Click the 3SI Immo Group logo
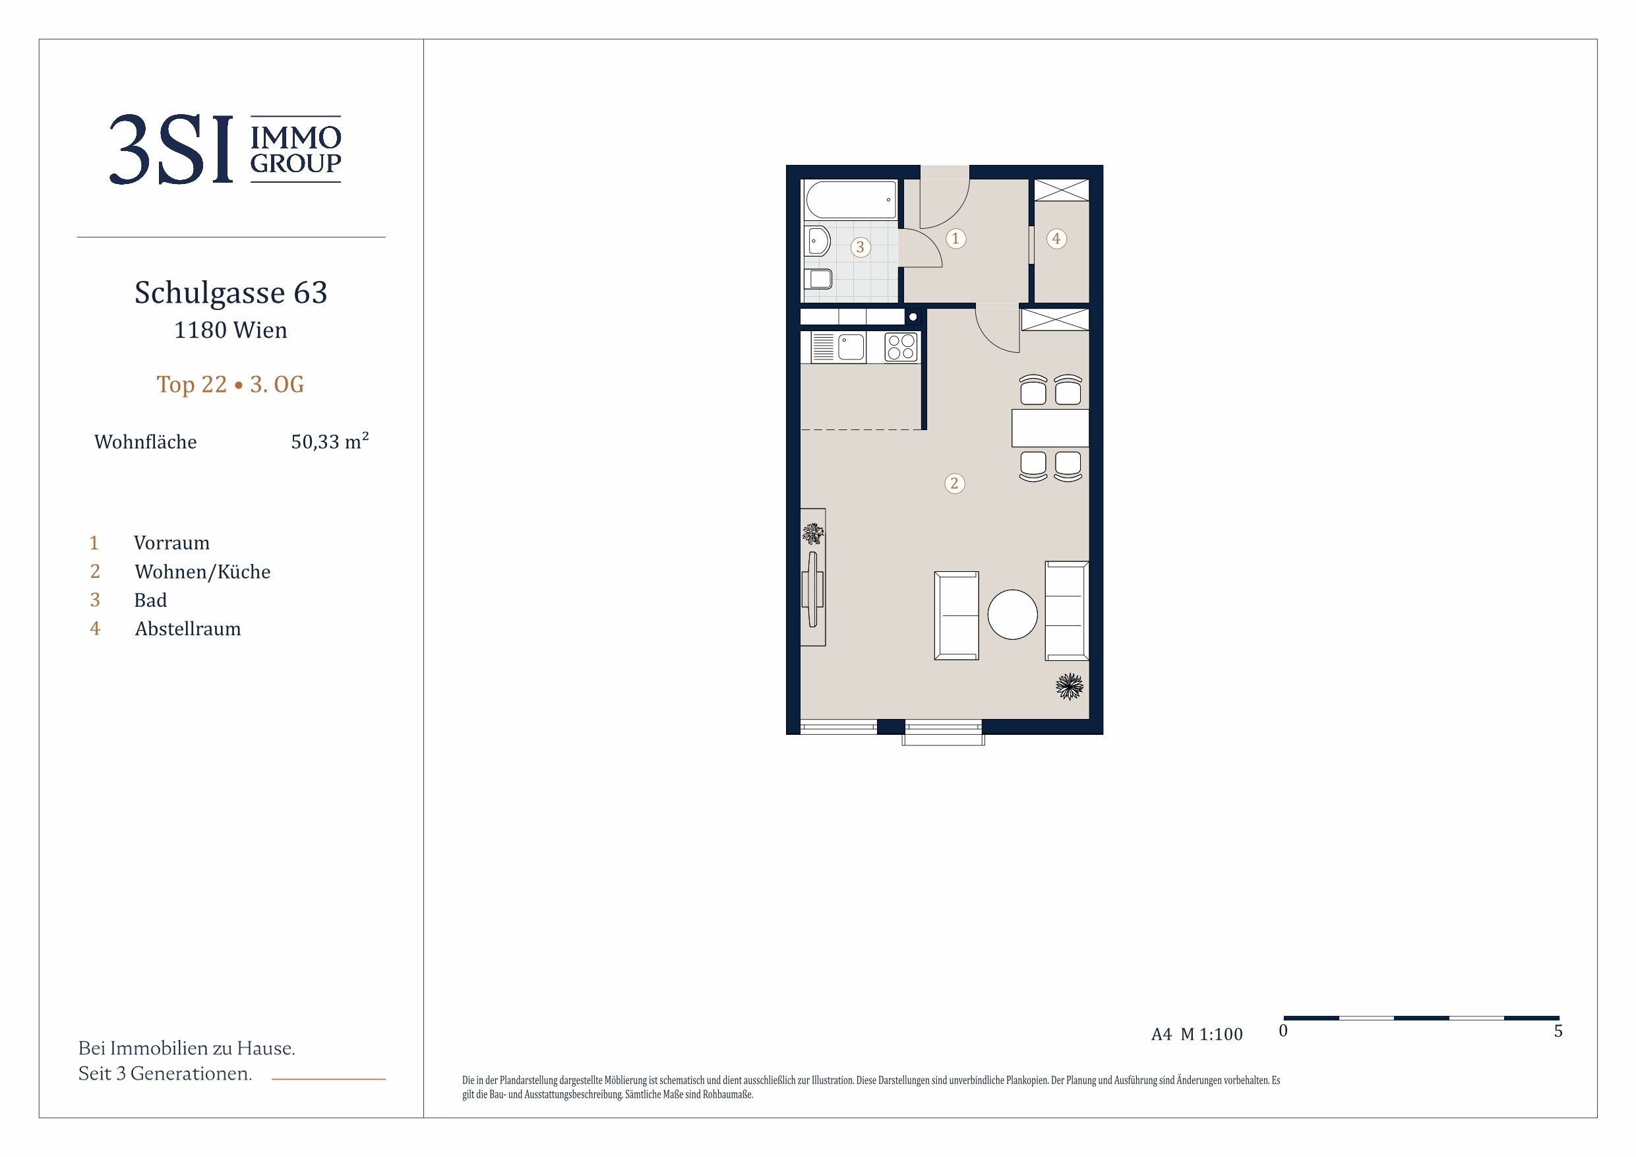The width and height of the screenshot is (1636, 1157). [x=225, y=150]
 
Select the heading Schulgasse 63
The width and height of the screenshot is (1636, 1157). [x=231, y=292]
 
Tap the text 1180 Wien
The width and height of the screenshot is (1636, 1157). [x=231, y=330]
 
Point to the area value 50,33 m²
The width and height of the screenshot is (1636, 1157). [x=330, y=441]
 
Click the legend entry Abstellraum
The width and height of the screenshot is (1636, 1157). [x=188, y=629]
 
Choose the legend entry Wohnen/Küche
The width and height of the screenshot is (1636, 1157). [x=202, y=572]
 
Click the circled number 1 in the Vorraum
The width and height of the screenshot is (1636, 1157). [x=955, y=238]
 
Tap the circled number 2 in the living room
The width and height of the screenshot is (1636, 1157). [x=955, y=484]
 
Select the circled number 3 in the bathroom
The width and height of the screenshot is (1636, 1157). [x=860, y=247]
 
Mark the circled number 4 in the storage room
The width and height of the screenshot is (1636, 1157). [x=1056, y=239]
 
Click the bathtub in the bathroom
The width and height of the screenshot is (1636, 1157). [x=851, y=200]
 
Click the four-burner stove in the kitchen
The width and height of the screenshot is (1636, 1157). [x=901, y=347]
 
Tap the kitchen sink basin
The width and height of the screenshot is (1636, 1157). [x=851, y=347]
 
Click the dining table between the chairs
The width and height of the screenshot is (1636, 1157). [x=1050, y=427]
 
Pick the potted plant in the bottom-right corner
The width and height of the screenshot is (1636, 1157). [x=1069, y=687]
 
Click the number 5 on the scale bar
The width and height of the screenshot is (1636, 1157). [x=1558, y=1031]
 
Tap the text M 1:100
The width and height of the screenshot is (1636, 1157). [x=1211, y=1034]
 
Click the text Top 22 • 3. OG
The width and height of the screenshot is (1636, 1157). [x=230, y=385]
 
